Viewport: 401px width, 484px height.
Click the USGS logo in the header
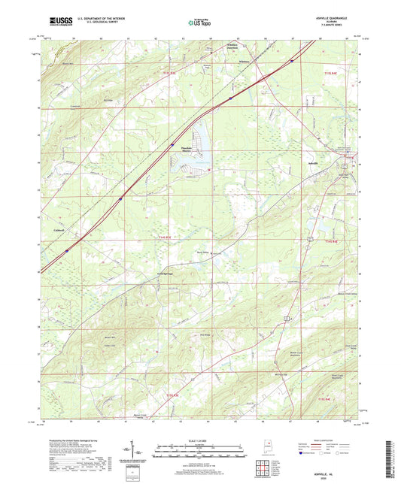click(52, 23)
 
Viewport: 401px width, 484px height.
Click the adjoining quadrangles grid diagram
click(263, 470)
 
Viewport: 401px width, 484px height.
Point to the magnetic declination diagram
click(141, 452)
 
